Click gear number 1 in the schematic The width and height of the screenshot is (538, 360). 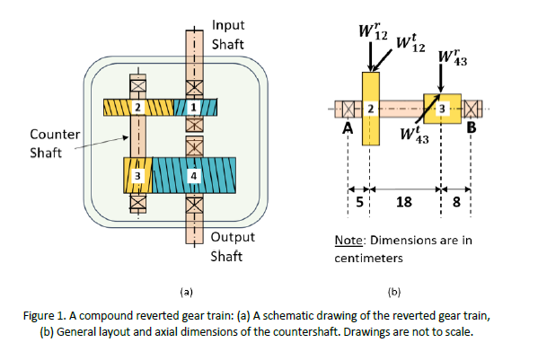[x=191, y=108]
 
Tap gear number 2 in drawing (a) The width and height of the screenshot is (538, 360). [x=137, y=108]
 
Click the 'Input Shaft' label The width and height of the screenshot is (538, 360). [x=228, y=34]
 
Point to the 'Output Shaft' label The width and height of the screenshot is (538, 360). [x=233, y=246]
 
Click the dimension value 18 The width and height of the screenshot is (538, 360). [x=404, y=201]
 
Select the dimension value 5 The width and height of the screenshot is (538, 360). [x=360, y=201]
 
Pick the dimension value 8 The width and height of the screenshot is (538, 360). [x=456, y=201]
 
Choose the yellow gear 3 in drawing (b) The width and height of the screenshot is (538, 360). [x=441, y=108]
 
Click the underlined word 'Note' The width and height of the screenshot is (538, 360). [x=347, y=240]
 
